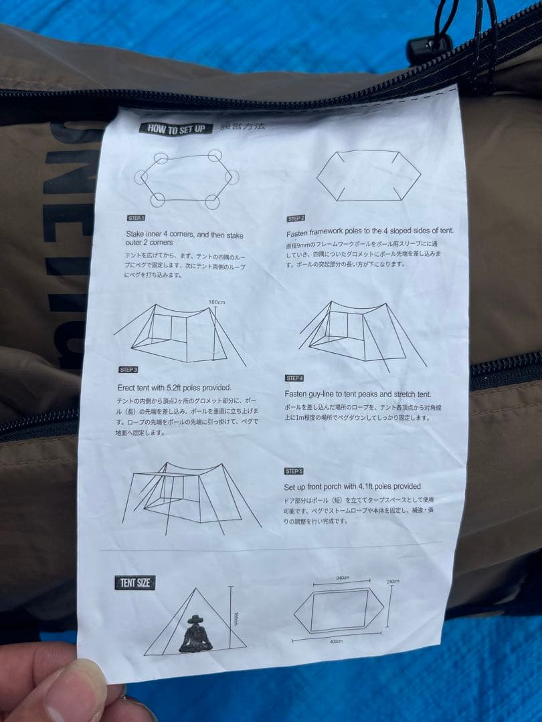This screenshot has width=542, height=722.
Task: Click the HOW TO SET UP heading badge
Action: pos(176,129)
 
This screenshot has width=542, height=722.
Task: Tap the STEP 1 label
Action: pos(137,218)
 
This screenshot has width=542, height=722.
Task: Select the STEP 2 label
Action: pos(296,219)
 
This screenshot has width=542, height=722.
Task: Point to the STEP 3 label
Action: pos(128,370)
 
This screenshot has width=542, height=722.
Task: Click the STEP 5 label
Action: pos(294,471)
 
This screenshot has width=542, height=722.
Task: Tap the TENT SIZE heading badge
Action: pos(134,582)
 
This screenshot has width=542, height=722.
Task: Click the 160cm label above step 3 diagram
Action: pos(217,301)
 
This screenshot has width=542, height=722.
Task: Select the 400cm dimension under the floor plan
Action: pos(337,641)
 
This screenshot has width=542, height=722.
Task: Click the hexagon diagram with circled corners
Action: pos(186,178)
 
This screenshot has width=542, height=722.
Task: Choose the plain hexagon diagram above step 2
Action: pos(369,175)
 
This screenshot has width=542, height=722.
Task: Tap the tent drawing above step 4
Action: pos(362,334)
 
